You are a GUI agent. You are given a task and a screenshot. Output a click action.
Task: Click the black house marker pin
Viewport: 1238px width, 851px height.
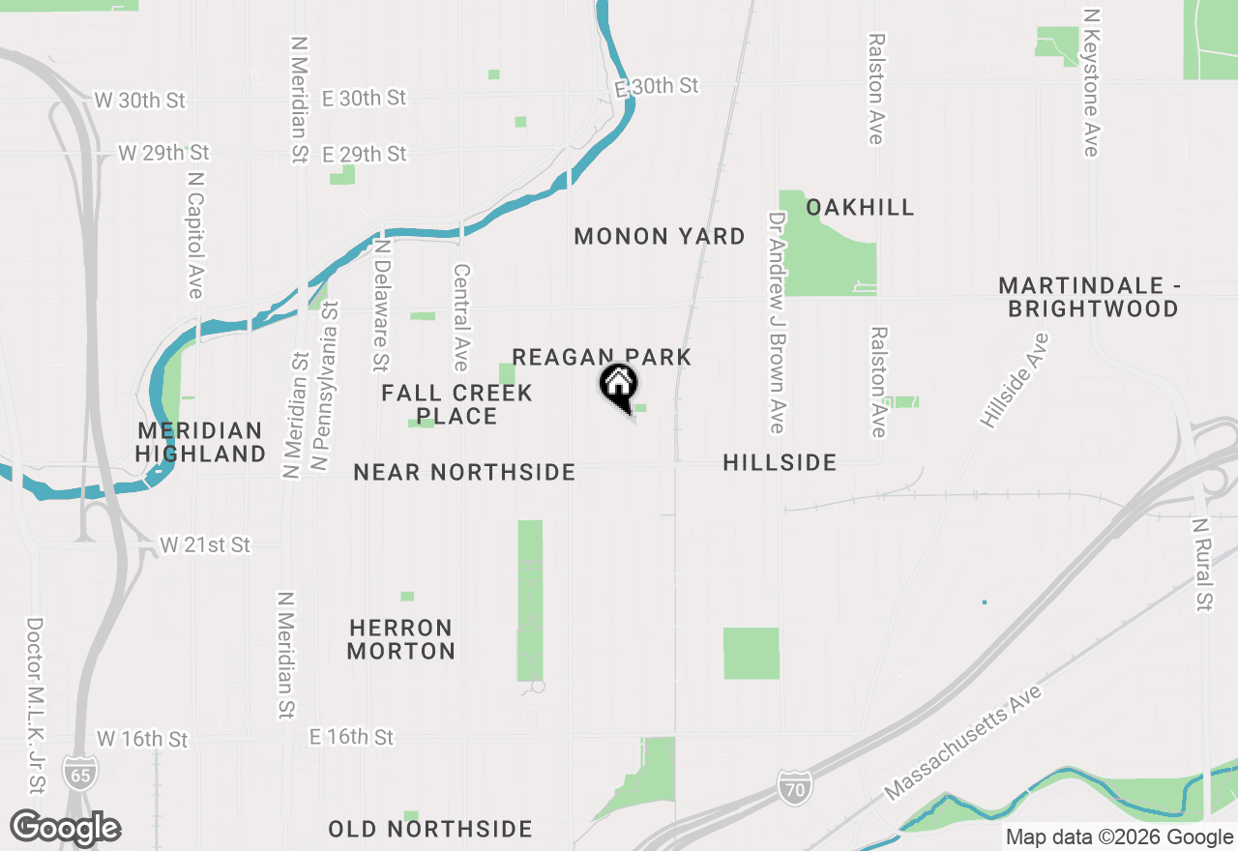coord(618,386)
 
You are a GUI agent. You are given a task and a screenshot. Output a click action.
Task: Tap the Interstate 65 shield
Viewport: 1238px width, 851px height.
coord(79,772)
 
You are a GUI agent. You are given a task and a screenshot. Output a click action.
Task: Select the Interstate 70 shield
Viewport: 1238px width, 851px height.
coord(793,785)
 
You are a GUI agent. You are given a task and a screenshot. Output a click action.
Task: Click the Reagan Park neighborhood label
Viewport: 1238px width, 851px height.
coord(602,357)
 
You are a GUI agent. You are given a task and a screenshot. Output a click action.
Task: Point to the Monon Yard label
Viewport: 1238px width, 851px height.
coord(660,236)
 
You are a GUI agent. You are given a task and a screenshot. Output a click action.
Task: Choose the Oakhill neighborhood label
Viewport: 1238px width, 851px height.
coord(860,207)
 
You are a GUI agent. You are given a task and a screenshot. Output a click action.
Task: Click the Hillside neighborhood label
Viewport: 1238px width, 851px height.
coord(780,462)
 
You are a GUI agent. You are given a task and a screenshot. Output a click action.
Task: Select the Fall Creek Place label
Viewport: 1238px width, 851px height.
coord(457,404)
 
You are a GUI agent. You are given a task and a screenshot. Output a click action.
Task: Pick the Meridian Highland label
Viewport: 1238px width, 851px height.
coord(200,442)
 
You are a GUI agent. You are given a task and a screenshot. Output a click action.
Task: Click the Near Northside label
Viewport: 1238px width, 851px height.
coord(464,472)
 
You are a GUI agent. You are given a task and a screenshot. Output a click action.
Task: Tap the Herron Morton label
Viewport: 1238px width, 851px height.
coord(401,639)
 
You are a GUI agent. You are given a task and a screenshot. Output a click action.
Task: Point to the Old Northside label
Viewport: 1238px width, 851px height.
coord(430,829)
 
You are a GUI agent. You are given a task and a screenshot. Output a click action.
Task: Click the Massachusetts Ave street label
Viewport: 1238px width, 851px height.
coord(963,743)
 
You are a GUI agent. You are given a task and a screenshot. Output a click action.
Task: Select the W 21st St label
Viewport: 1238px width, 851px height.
coord(205,545)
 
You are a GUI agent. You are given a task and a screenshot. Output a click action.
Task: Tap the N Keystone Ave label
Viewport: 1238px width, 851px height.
coord(1092,83)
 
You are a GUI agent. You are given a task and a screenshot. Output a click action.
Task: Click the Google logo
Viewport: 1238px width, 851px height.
coord(66,828)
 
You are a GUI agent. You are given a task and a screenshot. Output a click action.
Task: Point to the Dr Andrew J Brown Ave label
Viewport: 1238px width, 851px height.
coord(776,323)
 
